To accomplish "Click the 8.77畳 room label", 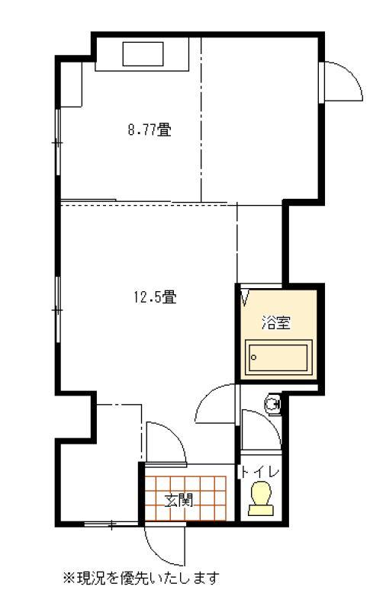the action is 150,130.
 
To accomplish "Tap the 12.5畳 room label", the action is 155,297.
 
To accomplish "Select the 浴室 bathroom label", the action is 276,322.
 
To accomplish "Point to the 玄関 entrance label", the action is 179,501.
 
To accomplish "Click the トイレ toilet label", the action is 259,473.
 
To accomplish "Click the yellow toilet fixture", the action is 261,498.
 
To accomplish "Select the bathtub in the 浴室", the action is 278,357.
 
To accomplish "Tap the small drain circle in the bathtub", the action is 254,357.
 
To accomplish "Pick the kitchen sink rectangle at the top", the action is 143,54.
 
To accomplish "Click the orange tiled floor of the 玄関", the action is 185,498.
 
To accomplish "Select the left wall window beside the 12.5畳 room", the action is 58,309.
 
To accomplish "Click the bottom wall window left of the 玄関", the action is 111,524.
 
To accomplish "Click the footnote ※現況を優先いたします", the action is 140,578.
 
